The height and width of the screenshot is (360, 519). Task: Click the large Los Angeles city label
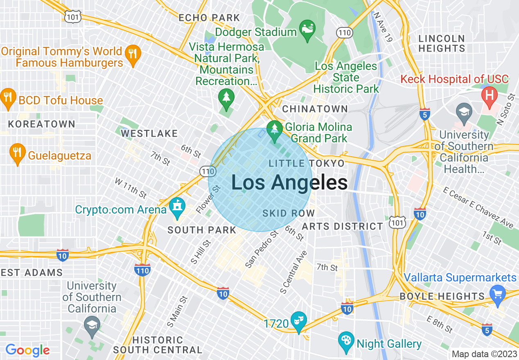click(x=289, y=182)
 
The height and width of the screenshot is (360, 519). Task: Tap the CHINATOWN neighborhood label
click(x=315, y=109)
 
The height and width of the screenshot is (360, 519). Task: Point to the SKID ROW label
click(x=289, y=213)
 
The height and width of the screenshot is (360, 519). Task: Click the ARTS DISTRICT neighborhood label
click(x=342, y=226)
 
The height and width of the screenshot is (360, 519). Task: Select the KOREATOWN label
click(x=42, y=124)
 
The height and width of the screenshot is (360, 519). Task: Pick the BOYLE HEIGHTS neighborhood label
click(x=442, y=296)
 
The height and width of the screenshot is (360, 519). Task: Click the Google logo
click(x=27, y=350)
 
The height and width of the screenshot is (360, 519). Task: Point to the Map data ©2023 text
click(x=484, y=354)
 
